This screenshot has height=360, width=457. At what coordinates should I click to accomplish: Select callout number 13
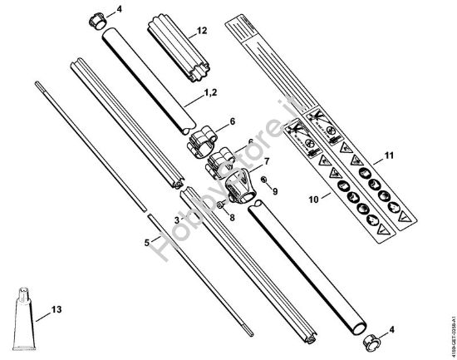pos(55,309)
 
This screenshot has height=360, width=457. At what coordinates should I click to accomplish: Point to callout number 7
pos(268,160)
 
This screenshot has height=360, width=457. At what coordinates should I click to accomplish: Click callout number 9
pos(276,190)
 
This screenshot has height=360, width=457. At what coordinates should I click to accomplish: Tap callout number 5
pos(147,243)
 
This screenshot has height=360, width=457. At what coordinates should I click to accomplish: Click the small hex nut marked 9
pos(263,180)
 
